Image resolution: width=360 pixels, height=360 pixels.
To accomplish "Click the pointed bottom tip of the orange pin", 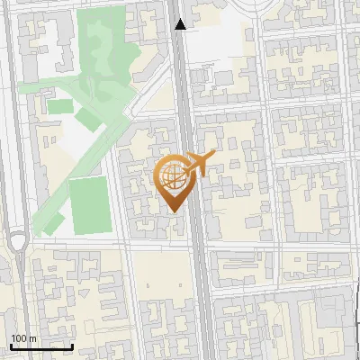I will point(174,211).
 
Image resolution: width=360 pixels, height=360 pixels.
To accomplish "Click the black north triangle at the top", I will point(181,24).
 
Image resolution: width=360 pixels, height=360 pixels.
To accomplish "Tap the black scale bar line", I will point(40,346).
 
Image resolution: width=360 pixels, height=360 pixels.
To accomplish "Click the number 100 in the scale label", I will point(19,338).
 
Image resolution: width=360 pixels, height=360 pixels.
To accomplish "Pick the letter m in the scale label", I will point(32,338).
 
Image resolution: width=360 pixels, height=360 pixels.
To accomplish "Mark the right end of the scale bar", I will point(72,346).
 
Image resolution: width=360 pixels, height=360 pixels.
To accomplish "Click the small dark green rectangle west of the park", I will point(59,106).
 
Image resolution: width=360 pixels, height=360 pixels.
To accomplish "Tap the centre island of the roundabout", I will point(18,242).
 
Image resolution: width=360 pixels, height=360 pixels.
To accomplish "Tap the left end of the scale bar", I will point(11,346).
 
